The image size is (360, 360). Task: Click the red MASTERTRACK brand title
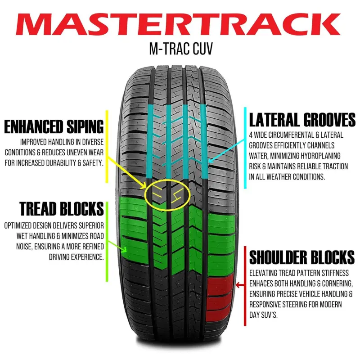pyautogui.click(x=178, y=24)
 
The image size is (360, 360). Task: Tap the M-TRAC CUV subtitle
pyautogui.click(x=181, y=49)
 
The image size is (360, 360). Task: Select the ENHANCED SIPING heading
pyautogui.click(x=54, y=126)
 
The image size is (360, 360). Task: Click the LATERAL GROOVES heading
pyautogui.click(x=302, y=120)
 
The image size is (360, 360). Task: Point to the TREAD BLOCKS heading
pyautogui.click(x=62, y=208)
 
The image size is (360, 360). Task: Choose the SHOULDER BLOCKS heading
pyautogui.click(x=302, y=257)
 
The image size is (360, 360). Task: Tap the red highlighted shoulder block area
pyautogui.click(x=220, y=298)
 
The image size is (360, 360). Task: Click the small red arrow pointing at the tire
pyautogui.click(x=240, y=285)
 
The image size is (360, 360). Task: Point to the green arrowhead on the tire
pyautogui.click(x=124, y=250)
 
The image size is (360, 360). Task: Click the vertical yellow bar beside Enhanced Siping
pyautogui.click(x=107, y=147)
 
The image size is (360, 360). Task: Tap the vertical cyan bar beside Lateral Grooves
pyautogui.click(x=245, y=148)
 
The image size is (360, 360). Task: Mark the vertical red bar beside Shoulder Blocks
pyautogui.click(x=245, y=286)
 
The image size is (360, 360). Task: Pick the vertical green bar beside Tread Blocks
pyautogui.click(x=107, y=242)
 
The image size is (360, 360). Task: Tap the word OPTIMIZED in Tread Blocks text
pyautogui.click(x=18, y=226)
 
